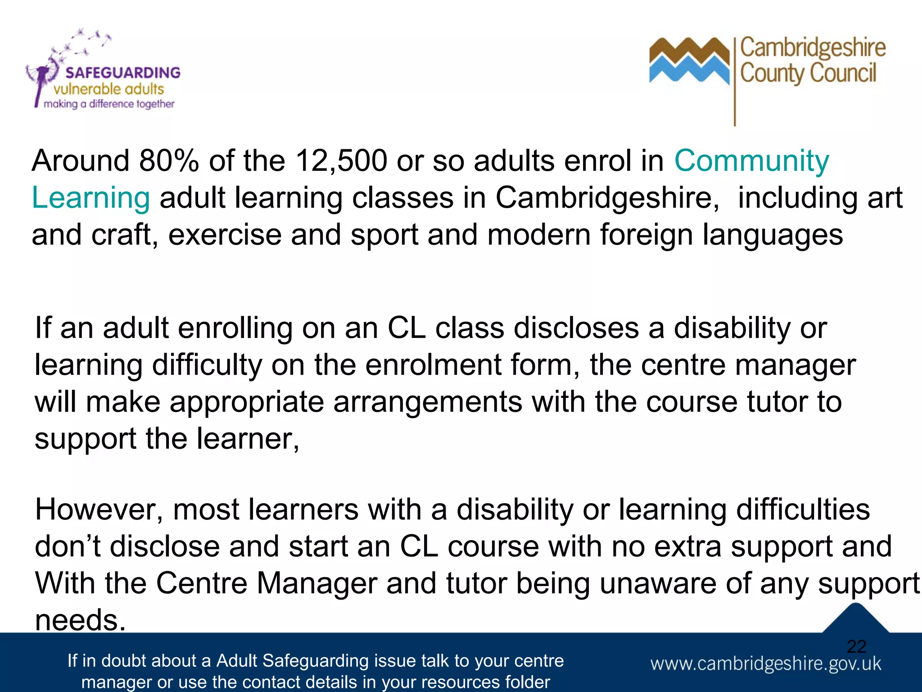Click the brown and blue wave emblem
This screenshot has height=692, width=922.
click(x=689, y=61)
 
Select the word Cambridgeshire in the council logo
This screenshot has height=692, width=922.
click(x=813, y=48)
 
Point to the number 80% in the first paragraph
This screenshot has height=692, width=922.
click(x=169, y=161)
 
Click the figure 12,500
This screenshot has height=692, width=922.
click(x=341, y=161)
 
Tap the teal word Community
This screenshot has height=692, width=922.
click(x=751, y=161)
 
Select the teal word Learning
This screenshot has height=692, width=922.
click(x=90, y=198)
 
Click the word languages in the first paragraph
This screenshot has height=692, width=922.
click(x=773, y=235)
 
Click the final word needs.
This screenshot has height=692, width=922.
click(x=80, y=620)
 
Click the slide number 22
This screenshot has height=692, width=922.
click(x=856, y=646)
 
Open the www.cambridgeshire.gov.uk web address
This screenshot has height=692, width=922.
click(x=765, y=664)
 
